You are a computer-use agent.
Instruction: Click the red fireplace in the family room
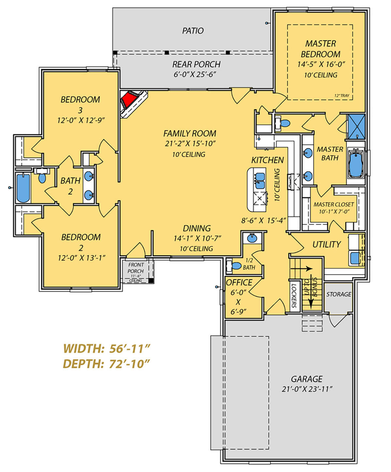pyautogui.click(x=129, y=99)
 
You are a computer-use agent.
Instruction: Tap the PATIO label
pyautogui.click(x=193, y=31)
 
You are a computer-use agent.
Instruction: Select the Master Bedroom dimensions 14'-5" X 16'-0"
pyautogui.click(x=321, y=65)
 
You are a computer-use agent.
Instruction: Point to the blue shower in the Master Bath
pyautogui.click(x=356, y=126)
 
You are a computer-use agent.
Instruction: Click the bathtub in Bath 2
pyautogui.click(x=23, y=188)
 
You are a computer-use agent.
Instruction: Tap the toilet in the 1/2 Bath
pyautogui.click(x=236, y=266)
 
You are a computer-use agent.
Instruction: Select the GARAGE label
pyautogui.click(x=307, y=379)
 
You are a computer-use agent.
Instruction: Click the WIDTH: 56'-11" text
pyautogui.click(x=107, y=348)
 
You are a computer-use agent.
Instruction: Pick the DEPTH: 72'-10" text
pyautogui.click(x=107, y=364)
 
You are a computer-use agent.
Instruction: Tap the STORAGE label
pyautogui.click(x=339, y=294)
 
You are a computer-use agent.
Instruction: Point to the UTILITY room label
pyautogui.click(x=326, y=244)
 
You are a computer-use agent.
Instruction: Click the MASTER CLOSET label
pyautogui.click(x=334, y=204)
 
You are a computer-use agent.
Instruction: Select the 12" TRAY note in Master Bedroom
pyautogui.click(x=342, y=96)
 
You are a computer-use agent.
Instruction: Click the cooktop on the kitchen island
pyautogui.click(x=260, y=199)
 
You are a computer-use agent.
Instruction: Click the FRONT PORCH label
pyautogui.click(x=136, y=268)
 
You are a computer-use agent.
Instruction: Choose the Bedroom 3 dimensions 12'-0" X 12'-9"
pyautogui.click(x=81, y=120)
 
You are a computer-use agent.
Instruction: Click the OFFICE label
pyautogui.click(x=239, y=283)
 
